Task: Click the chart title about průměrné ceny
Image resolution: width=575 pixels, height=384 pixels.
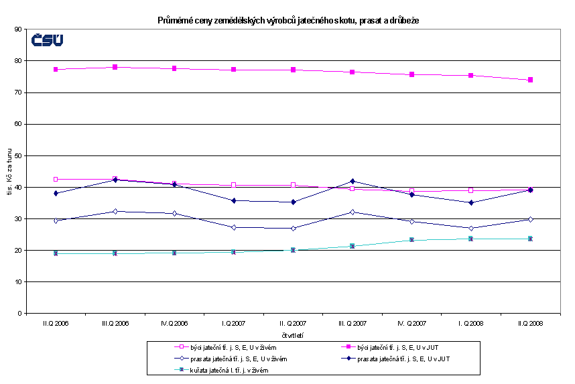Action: coord(288,21)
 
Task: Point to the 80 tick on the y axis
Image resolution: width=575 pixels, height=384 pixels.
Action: coord(19,61)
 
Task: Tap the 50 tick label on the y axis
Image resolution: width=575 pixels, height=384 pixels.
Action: coord(19,155)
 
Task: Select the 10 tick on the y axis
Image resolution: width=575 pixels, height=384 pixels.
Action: coord(19,281)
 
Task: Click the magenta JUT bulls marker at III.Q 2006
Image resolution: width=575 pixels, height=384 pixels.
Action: coord(115,67)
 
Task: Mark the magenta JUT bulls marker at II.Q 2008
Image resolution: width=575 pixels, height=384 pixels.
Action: coord(530,80)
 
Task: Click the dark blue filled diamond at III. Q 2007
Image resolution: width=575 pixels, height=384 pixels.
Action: coord(353,182)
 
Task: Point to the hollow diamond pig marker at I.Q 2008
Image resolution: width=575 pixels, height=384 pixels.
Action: coord(471,229)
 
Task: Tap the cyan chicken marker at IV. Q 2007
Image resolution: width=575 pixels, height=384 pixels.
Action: coord(412,239)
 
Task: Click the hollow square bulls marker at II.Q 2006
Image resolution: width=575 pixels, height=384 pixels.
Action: coord(56,180)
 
